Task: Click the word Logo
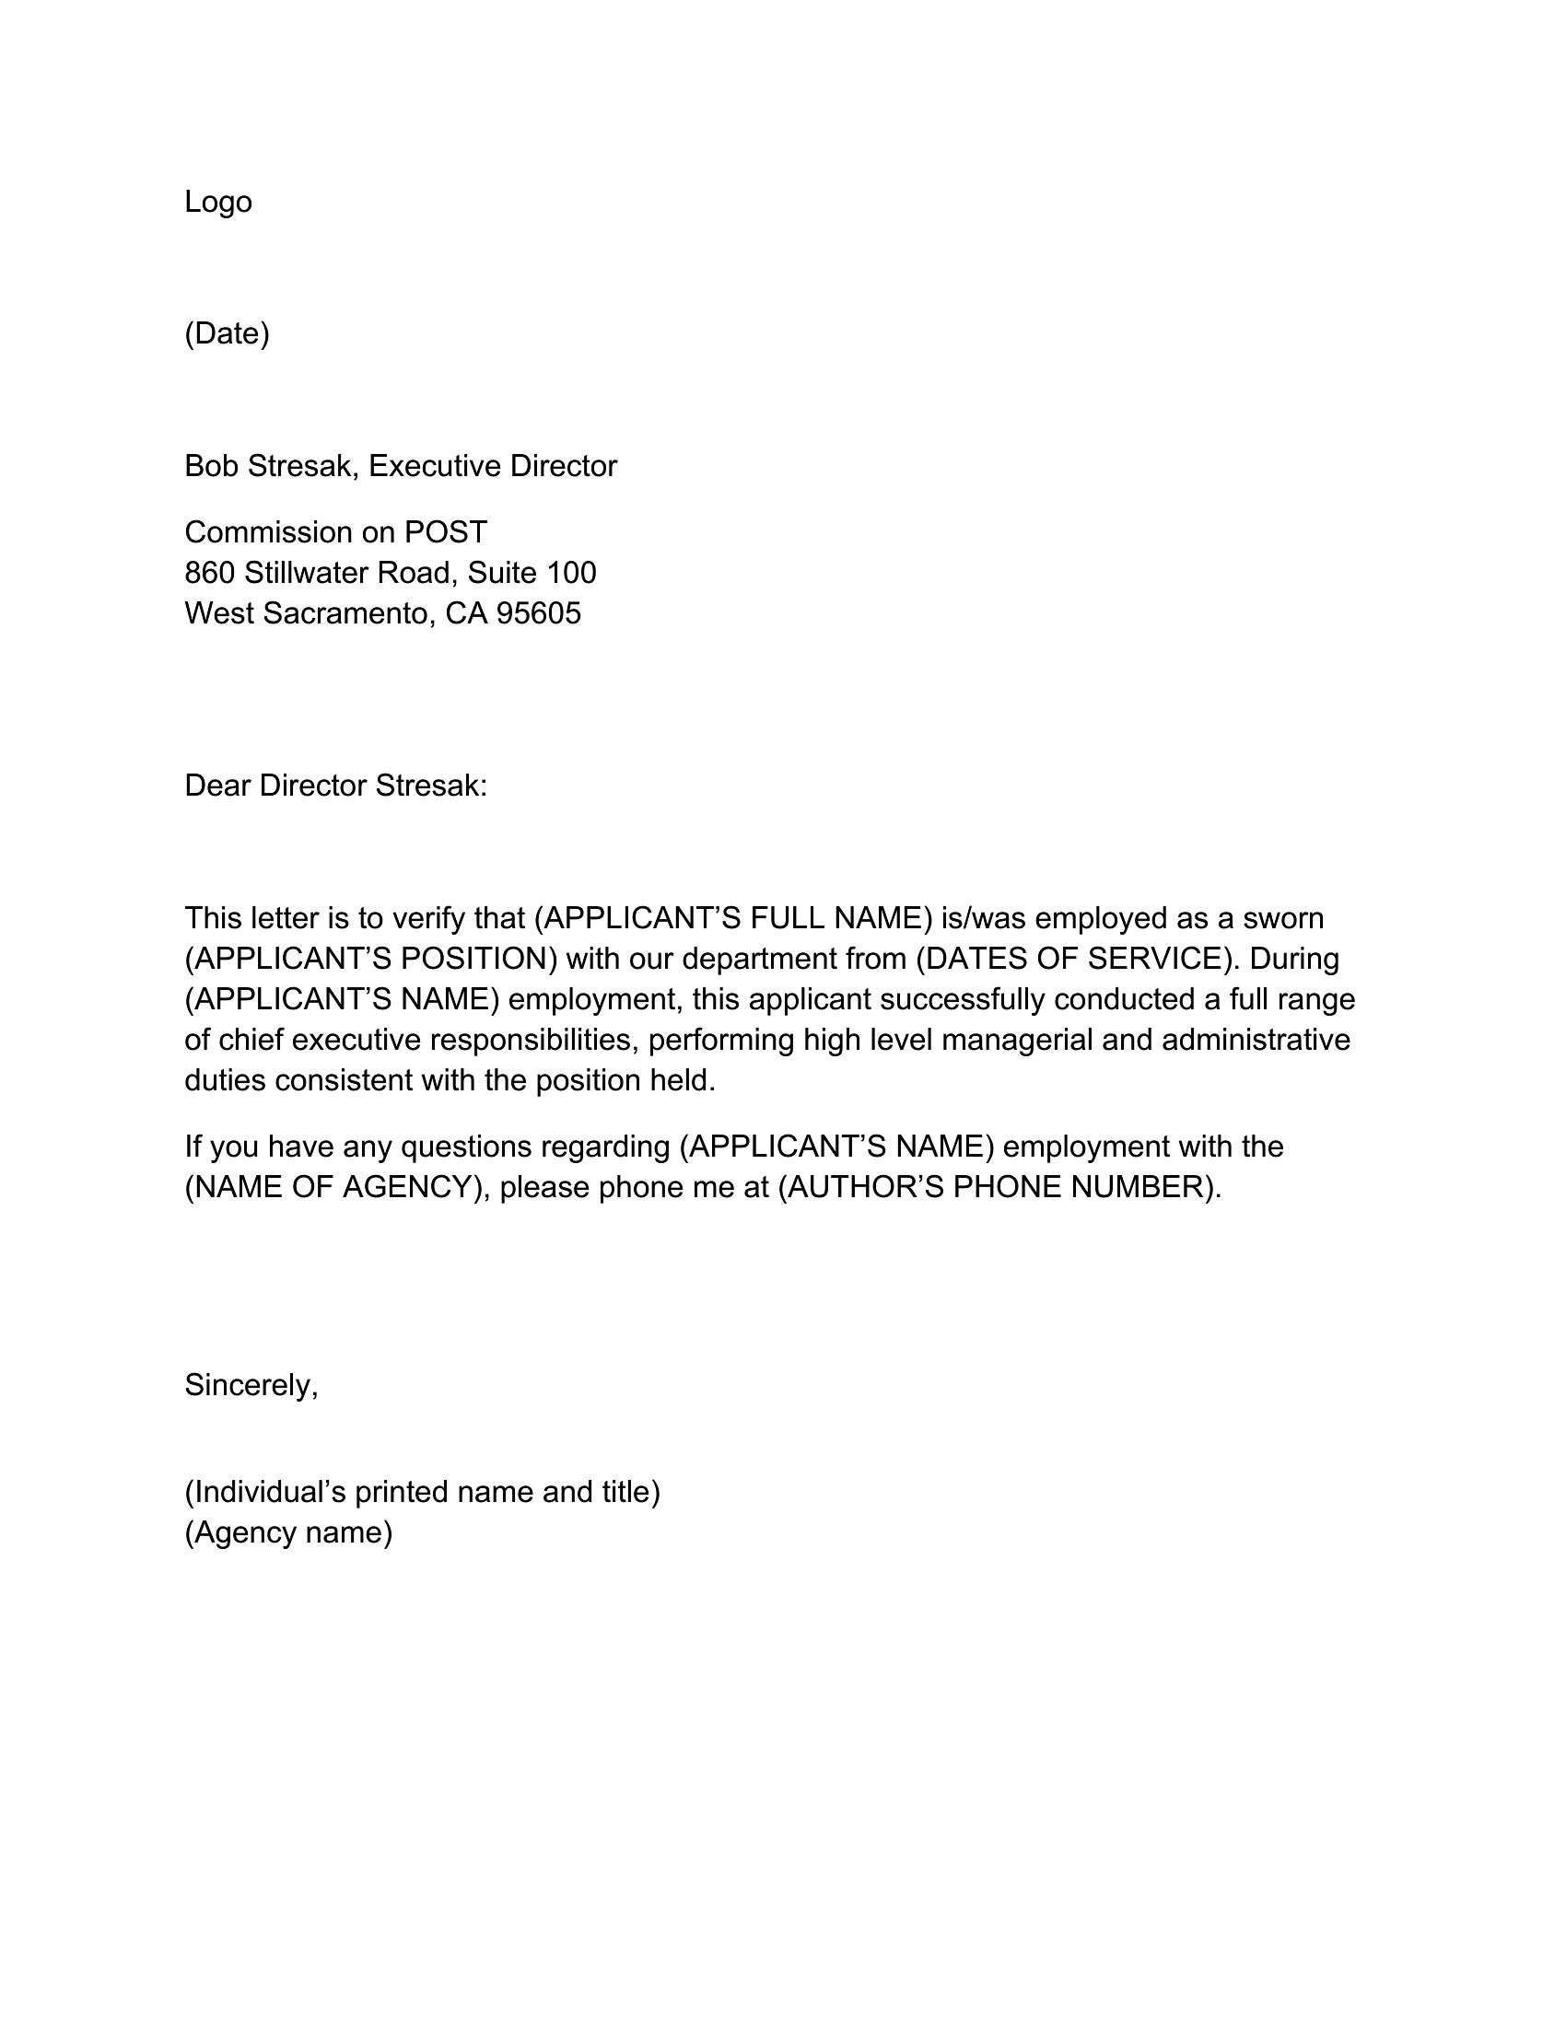[218, 202]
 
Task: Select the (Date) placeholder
[227, 333]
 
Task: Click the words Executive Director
[493, 466]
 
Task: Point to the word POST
[445, 532]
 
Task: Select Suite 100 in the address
[532, 573]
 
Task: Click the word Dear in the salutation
[217, 786]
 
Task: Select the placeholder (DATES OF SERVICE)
[1077, 959]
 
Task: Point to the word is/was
[984, 918]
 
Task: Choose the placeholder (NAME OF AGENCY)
[337, 1187]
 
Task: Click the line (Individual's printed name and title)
[422, 1492]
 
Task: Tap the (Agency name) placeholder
[288, 1532]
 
